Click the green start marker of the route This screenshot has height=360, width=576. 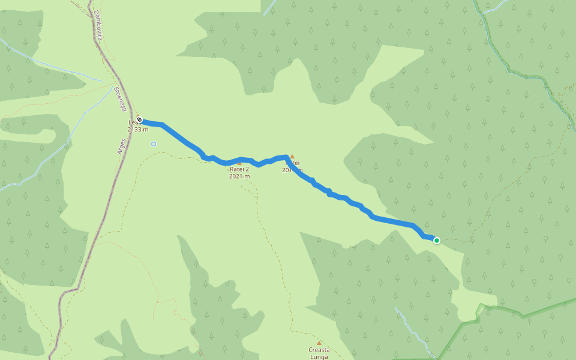(437, 241)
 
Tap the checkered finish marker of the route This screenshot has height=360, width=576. (139, 119)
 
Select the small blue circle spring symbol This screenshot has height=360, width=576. (154, 144)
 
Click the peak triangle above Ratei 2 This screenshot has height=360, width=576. (239, 163)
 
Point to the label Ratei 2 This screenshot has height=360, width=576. (239, 169)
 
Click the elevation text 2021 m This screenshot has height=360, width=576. (239, 176)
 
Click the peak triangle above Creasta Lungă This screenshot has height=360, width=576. (319, 343)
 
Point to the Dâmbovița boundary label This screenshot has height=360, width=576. (98, 28)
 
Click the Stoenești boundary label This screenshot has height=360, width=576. (119, 99)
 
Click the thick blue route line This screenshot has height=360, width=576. (180, 137)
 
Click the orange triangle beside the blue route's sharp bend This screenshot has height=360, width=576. (292, 157)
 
